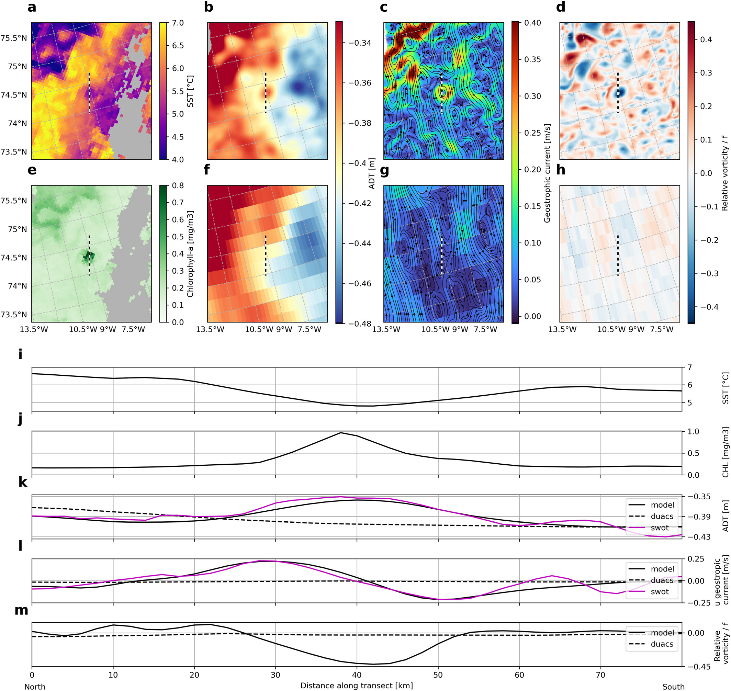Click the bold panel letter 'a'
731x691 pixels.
32,7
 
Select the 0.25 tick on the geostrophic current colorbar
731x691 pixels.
532,133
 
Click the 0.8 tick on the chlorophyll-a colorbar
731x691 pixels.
178,186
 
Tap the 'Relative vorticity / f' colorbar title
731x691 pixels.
725,173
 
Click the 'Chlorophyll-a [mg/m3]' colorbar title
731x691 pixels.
190,254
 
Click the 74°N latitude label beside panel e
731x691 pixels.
18,286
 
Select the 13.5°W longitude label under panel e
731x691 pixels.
34,329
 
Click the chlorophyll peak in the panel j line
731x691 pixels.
340,433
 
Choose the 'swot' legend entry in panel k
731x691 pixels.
660,528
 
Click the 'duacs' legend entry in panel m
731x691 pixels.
662,644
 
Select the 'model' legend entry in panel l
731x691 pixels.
662,569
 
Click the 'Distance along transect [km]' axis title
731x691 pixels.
357,686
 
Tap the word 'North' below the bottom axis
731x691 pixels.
35,687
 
